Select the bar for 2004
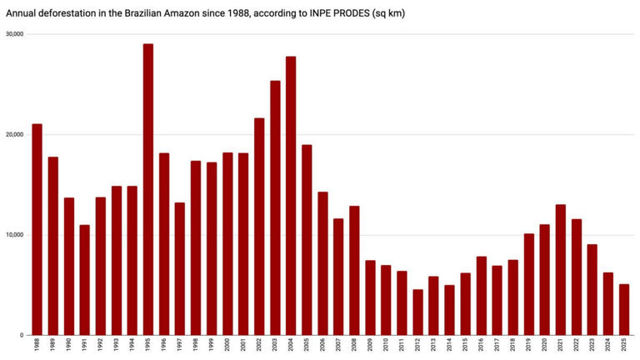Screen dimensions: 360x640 (x=291, y=196)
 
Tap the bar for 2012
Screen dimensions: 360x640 (x=417, y=312)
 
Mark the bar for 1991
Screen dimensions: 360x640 (x=84, y=280)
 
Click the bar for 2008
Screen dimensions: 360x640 (x=354, y=271)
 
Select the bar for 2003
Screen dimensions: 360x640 (x=275, y=208)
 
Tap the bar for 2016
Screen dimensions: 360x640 (x=482, y=296)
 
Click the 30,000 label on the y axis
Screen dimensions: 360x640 (x=14, y=34)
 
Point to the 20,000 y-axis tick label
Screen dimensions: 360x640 (x=14, y=135)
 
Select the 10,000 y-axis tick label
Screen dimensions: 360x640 (x=14, y=235)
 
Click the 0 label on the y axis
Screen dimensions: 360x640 (x=22, y=336)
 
